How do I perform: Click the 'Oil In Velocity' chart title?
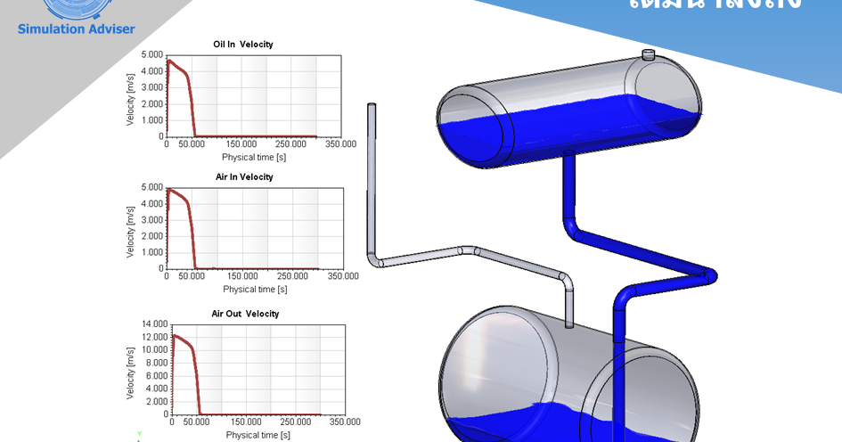pyautogui.click(x=242, y=44)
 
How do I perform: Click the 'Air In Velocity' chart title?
pyautogui.click(x=244, y=176)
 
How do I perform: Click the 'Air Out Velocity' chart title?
pyautogui.click(x=245, y=314)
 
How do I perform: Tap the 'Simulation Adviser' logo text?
pyautogui.click(x=76, y=29)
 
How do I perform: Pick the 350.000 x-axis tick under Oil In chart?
pyautogui.click(x=339, y=144)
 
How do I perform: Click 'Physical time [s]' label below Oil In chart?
pyautogui.click(x=254, y=157)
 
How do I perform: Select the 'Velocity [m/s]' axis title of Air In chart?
pyautogui.click(x=130, y=228)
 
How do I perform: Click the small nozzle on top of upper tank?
pyautogui.click(x=649, y=55)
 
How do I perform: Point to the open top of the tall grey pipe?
pyautogui.click(x=372, y=106)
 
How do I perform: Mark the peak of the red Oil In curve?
pyautogui.click(x=168, y=61)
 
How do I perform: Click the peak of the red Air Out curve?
pyautogui.click(x=175, y=335)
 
